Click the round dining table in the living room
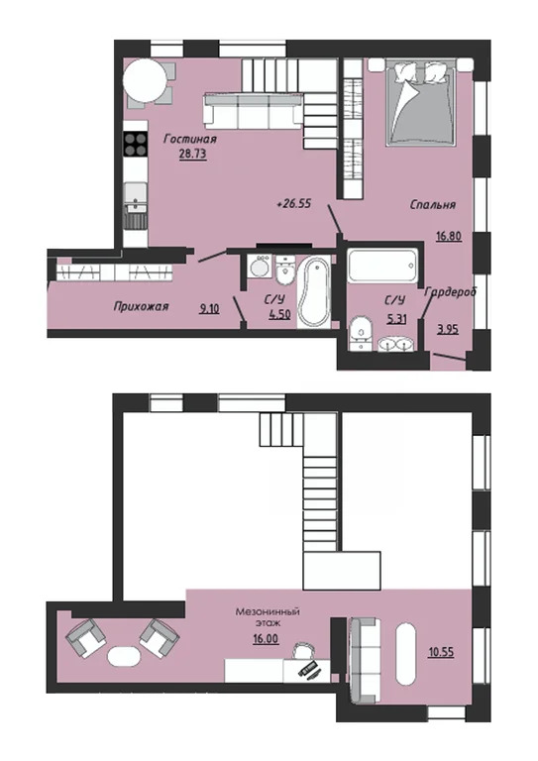(145, 80)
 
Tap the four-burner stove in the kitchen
(136, 144)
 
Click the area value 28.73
(193, 155)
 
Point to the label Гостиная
(190, 140)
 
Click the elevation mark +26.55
(293, 204)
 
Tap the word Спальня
(433, 205)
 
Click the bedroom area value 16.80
(448, 237)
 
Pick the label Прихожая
(141, 307)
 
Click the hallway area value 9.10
(210, 308)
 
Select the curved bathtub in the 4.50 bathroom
(314, 292)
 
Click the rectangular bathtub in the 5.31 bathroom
(382, 265)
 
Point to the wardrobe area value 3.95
(448, 330)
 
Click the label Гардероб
(451, 292)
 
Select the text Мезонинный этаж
(268, 616)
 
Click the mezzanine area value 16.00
(266, 639)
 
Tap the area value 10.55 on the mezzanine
(441, 652)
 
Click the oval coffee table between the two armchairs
(124, 657)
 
